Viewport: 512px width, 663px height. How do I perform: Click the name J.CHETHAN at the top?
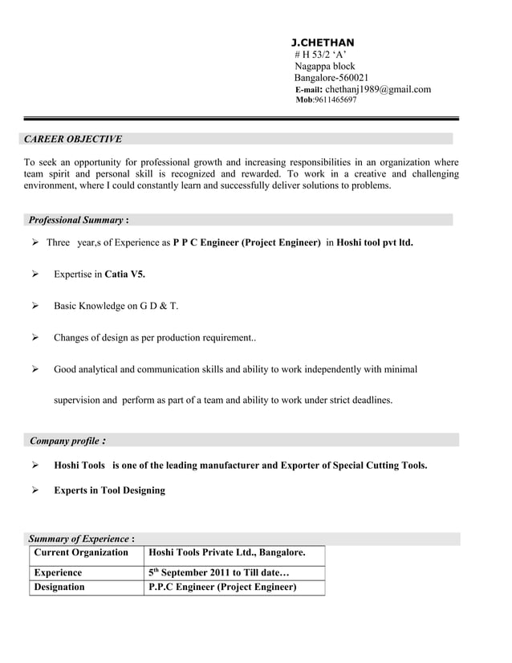tap(322, 42)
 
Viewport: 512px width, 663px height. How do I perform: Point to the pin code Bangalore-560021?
tap(331, 78)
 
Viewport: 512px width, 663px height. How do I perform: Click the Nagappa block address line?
tap(325, 66)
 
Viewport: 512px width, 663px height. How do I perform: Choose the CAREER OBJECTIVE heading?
tap(73, 139)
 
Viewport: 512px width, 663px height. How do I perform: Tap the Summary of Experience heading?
tap(79, 539)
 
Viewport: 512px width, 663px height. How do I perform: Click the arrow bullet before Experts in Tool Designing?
tap(36, 490)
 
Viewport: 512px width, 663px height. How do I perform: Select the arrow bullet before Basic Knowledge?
tap(36, 306)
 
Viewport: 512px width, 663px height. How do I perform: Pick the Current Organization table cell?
tap(81, 553)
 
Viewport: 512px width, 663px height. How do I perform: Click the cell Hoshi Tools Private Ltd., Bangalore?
tap(227, 553)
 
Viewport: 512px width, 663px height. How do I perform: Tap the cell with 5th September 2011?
tap(218, 573)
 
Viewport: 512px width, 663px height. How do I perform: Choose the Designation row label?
tap(59, 588)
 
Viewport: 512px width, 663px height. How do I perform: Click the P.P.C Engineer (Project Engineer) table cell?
tap(223, 588)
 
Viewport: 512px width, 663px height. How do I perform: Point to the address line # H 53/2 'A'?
tap(320, 54)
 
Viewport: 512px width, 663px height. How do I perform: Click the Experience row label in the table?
tap(58, 573)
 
